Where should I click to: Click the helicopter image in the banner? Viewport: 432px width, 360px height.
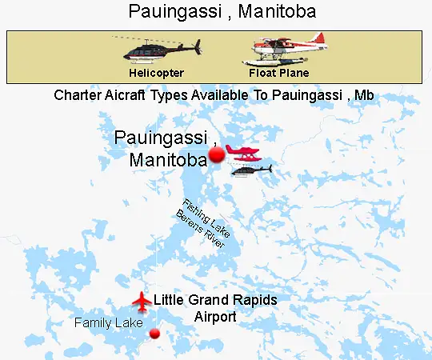(160, 49)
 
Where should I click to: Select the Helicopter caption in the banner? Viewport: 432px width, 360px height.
(157, 73)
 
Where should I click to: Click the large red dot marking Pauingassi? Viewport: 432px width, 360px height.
(217, 155)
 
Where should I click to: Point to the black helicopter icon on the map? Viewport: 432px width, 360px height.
(252, 170)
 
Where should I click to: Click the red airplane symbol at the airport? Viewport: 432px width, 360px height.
(142, 302)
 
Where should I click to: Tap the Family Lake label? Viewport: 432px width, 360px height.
(108, 323)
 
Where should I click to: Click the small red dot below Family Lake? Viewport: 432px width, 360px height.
(155, 334)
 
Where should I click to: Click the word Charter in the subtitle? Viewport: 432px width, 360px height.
(77, 95)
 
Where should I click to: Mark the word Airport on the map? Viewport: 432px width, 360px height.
(215, 317)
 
